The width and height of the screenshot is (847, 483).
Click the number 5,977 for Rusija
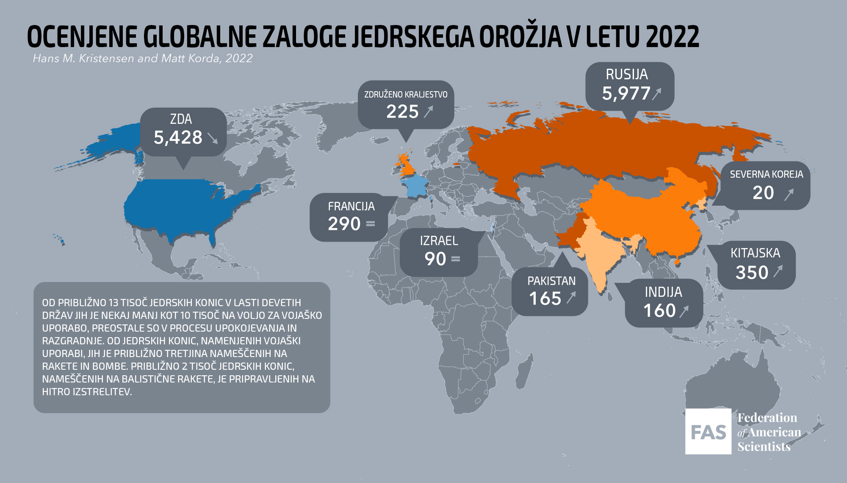pos(626,93)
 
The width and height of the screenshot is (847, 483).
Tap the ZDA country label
pos(181,119)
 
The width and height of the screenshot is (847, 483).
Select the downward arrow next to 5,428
pos(213,138)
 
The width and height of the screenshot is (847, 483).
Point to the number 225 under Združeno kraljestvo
pos(402,112)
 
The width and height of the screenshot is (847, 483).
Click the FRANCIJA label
pos(351,207)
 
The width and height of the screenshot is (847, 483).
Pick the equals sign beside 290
pos(371,223)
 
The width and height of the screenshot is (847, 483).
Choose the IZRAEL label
pos(439,241)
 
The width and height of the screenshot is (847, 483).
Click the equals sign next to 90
pos(456,259)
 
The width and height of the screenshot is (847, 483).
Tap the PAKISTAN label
pos(551,281)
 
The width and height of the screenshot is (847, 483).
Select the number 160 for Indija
pos(659,311)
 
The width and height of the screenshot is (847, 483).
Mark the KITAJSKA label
pos(755,253)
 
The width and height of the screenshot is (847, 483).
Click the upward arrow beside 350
pos(778,271)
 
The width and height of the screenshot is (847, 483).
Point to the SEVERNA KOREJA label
pos(766,174)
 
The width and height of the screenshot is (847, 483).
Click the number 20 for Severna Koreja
pos(763,193)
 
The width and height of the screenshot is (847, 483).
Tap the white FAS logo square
pos(708,432)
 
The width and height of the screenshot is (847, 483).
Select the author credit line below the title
pos(143,59)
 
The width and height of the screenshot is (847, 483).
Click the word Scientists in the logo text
pos(764,447)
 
